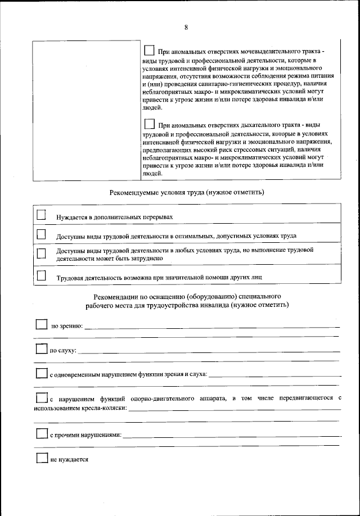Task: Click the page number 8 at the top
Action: tap(186, 28)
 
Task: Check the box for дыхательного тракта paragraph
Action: tap(149, 124)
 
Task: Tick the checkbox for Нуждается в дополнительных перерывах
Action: tap(41, 215)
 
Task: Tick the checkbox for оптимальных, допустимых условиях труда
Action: tap(41, 234)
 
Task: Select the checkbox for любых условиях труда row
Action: tap(41, 253)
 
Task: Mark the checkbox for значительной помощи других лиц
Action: tap(41, 275)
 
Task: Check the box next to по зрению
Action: tap(42, 324)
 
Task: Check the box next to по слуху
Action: tap(42, 349)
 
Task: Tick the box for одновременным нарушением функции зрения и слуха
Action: tap(42, 373)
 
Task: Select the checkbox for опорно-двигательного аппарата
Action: tap(42, 397)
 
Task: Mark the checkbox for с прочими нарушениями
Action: tap(42, 433)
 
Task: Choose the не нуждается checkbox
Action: tap(42, 458)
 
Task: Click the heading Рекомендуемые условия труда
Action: tap(187, 192)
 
